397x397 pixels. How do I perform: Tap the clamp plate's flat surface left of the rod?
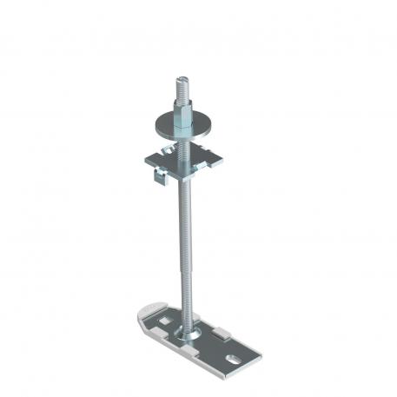[x=163, y=160]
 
